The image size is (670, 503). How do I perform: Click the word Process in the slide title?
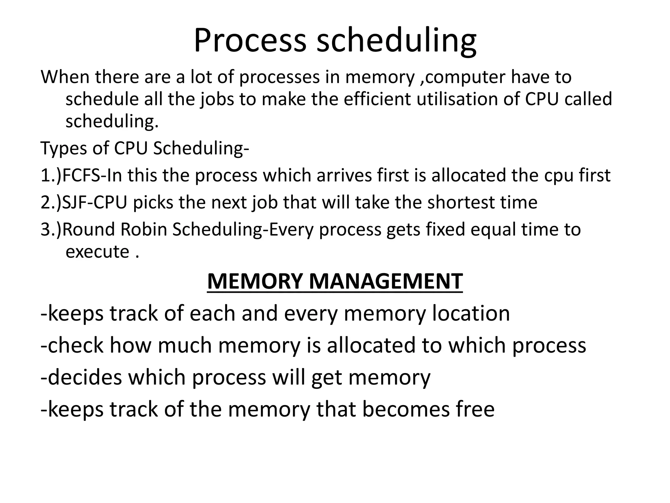(250, 41)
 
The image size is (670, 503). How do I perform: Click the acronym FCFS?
(81, 175)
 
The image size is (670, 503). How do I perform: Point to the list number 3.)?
(51, 229)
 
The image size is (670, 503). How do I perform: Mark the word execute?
(97, 251)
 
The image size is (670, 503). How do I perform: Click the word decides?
(84, 377)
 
